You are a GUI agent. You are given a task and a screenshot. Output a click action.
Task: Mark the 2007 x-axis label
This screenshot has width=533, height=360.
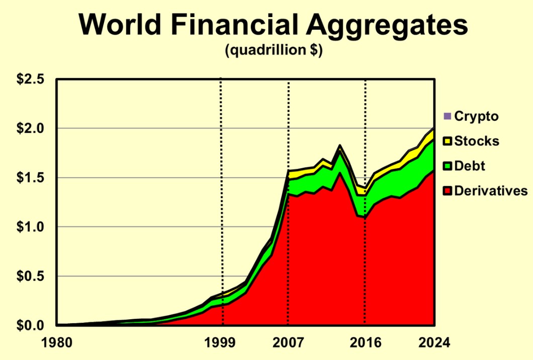tap(288, 343)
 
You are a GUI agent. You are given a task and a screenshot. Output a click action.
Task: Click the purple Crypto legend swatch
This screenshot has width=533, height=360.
tap(448, 117)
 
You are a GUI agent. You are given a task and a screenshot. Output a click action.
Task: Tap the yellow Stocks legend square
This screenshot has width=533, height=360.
tap(448, 141)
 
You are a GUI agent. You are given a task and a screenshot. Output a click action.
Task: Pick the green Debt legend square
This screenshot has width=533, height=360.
tap(448, 166)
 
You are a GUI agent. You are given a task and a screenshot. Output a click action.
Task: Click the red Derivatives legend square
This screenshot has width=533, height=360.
tap(448, 191)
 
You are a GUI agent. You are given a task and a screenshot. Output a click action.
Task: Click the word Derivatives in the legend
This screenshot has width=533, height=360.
tap(491, 191)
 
